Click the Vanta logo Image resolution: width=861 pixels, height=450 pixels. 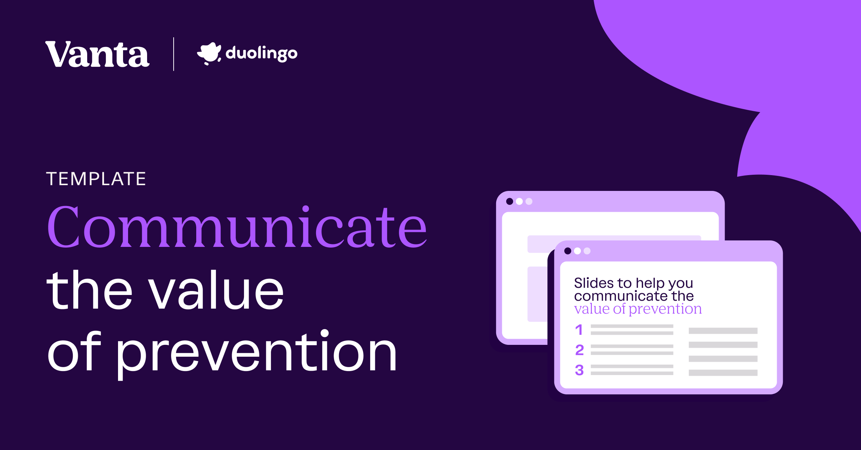tap(97, 54)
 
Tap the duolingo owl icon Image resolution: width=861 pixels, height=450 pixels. tap(209, 53)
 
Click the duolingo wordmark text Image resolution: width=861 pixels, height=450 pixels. tap(262, 53)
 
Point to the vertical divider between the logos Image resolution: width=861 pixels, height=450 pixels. tap(174, 54)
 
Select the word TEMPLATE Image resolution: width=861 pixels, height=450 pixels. tap(96, 179)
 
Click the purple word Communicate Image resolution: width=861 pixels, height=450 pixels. tap(237, 227)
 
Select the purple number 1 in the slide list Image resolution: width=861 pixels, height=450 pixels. tap(579, 330)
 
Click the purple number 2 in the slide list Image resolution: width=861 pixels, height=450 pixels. tap(579, 350)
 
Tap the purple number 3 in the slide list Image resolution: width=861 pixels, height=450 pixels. tap(579, 370)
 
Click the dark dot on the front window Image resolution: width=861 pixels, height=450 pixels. tap(568, 251)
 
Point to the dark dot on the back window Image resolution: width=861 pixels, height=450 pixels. tap(509, 201)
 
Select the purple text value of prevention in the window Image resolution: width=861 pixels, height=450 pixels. tap(637, 309)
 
